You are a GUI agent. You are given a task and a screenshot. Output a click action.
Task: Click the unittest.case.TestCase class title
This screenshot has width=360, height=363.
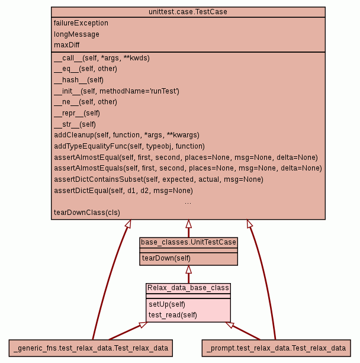tap(188, 12)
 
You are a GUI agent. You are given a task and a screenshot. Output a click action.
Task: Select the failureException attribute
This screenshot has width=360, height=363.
tap(81, 23)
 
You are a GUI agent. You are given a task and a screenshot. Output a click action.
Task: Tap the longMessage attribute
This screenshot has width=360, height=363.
tap(76, 34)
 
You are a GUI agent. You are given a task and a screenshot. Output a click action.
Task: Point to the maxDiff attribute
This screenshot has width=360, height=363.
tap(67, 45)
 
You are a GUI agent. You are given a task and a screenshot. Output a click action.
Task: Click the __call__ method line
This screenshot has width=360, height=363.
tap(101, 58)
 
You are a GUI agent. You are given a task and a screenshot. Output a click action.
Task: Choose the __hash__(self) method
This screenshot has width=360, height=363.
tap(79, 80)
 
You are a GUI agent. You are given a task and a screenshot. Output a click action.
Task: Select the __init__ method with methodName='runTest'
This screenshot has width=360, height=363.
tap(116, 91)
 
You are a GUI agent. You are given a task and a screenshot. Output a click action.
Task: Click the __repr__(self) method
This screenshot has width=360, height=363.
tap(77, 113)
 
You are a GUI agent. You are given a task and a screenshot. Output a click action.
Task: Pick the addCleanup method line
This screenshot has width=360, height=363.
tap(126, 135)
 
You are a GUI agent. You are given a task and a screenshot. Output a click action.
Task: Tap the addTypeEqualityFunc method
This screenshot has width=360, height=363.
tap(129, 146)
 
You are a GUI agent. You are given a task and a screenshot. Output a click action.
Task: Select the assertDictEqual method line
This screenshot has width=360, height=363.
tap(123, 191)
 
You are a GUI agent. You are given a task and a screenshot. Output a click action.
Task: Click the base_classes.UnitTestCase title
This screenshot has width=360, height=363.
tap(188, 242)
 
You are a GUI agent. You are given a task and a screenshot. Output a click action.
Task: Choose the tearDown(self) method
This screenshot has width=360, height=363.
tap(166, 258)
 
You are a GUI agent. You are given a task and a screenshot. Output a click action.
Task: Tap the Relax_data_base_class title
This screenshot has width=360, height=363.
tap(188, 288)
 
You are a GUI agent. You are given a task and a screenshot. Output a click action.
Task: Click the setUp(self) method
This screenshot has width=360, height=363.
tap(163, 304)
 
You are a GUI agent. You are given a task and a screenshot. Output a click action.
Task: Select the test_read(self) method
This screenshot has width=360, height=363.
tap(172, 315)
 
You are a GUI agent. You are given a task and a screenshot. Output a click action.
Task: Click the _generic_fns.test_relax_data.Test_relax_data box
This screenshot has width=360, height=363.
tap(91, 348)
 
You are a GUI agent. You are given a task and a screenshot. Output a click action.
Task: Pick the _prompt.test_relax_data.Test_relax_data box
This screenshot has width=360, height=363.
tap(277, 348)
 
